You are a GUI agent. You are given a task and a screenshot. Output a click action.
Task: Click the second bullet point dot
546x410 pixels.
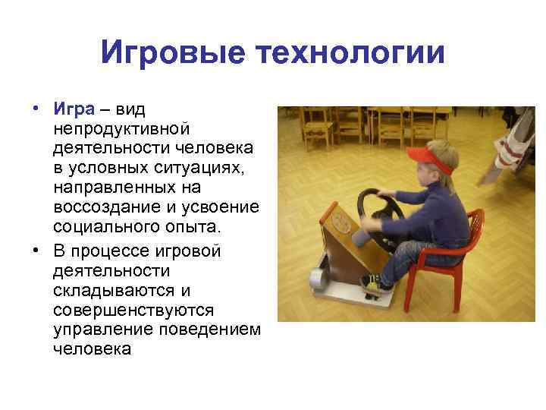tap(36, 250)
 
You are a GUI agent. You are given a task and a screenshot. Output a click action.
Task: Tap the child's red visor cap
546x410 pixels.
tap(428, 156)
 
